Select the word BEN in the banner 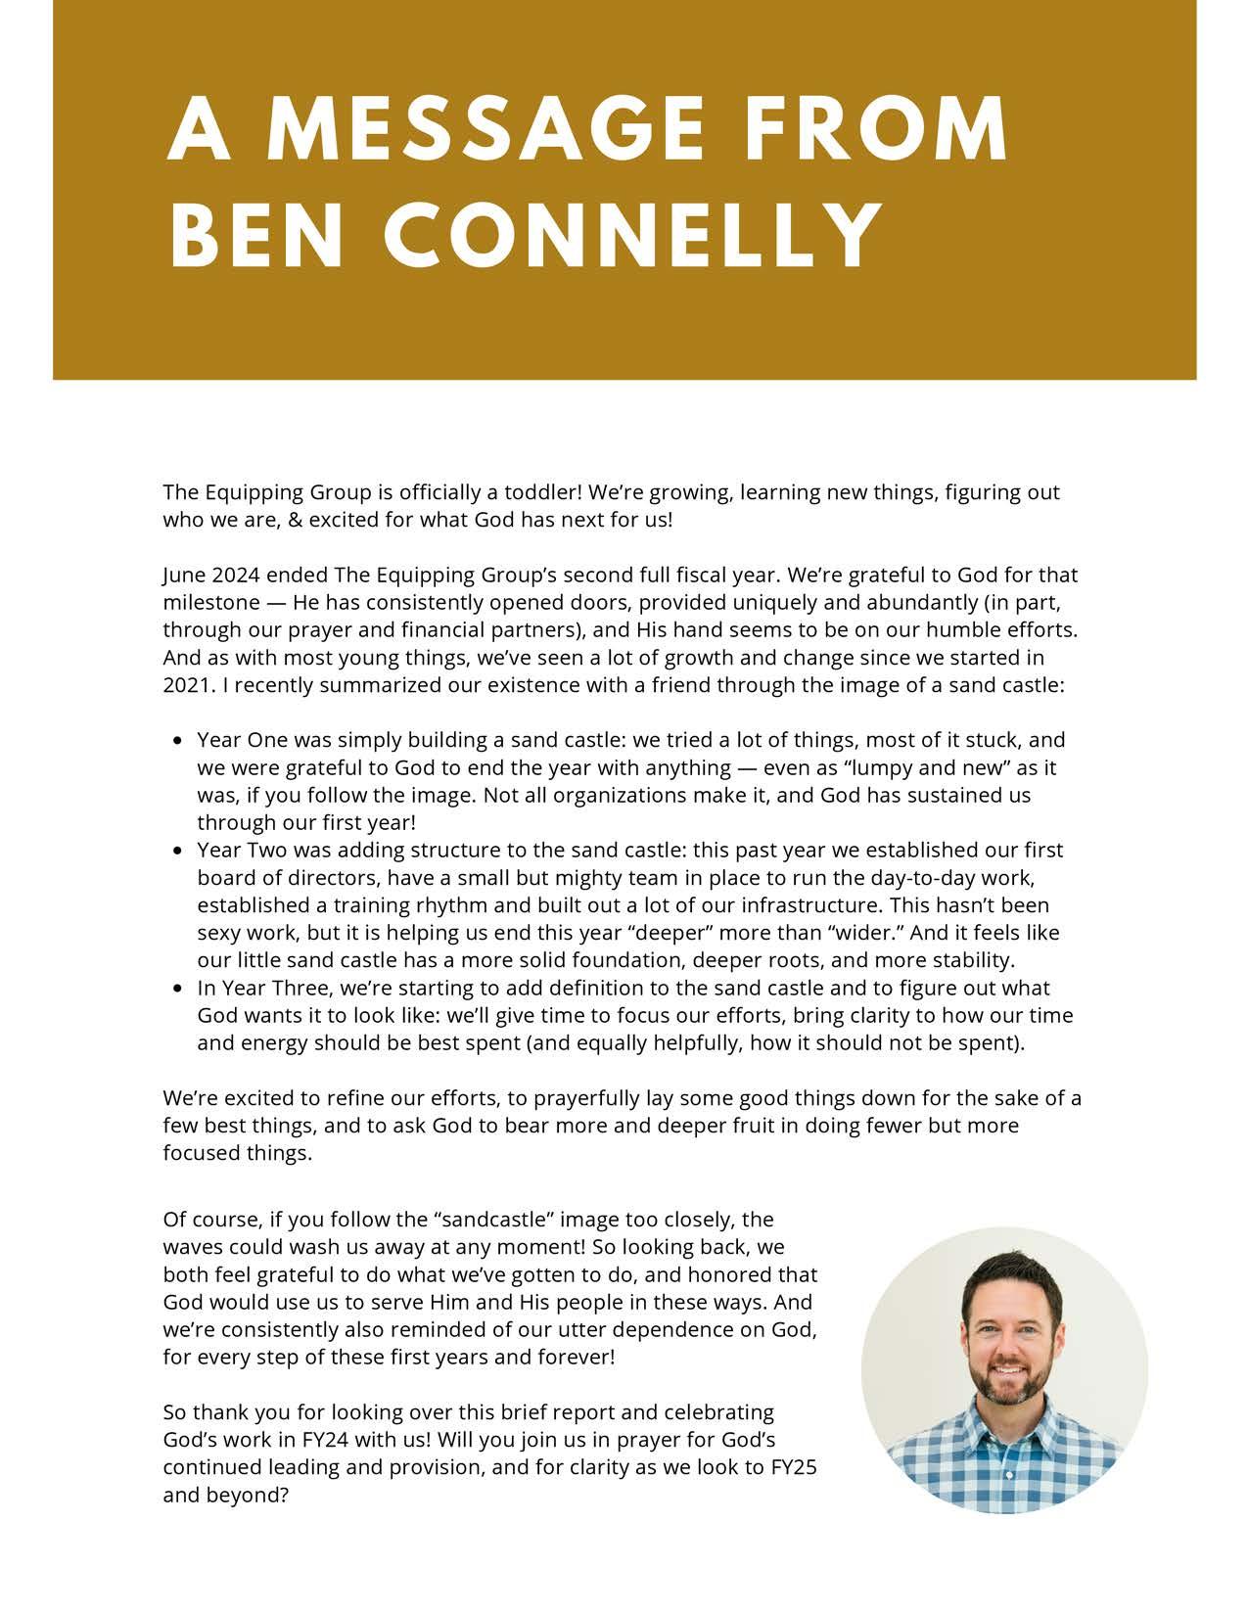click(255, 236)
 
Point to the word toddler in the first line click(542, 492)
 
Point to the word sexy click(219, 933)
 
